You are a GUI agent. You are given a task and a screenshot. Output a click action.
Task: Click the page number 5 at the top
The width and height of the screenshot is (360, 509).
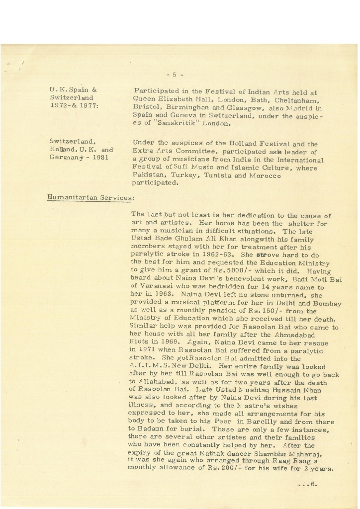(175, 75)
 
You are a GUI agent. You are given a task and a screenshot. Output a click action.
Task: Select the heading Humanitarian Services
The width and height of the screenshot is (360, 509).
(89, 197)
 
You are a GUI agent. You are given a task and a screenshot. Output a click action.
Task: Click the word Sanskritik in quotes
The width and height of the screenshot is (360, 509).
(179, 123)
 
